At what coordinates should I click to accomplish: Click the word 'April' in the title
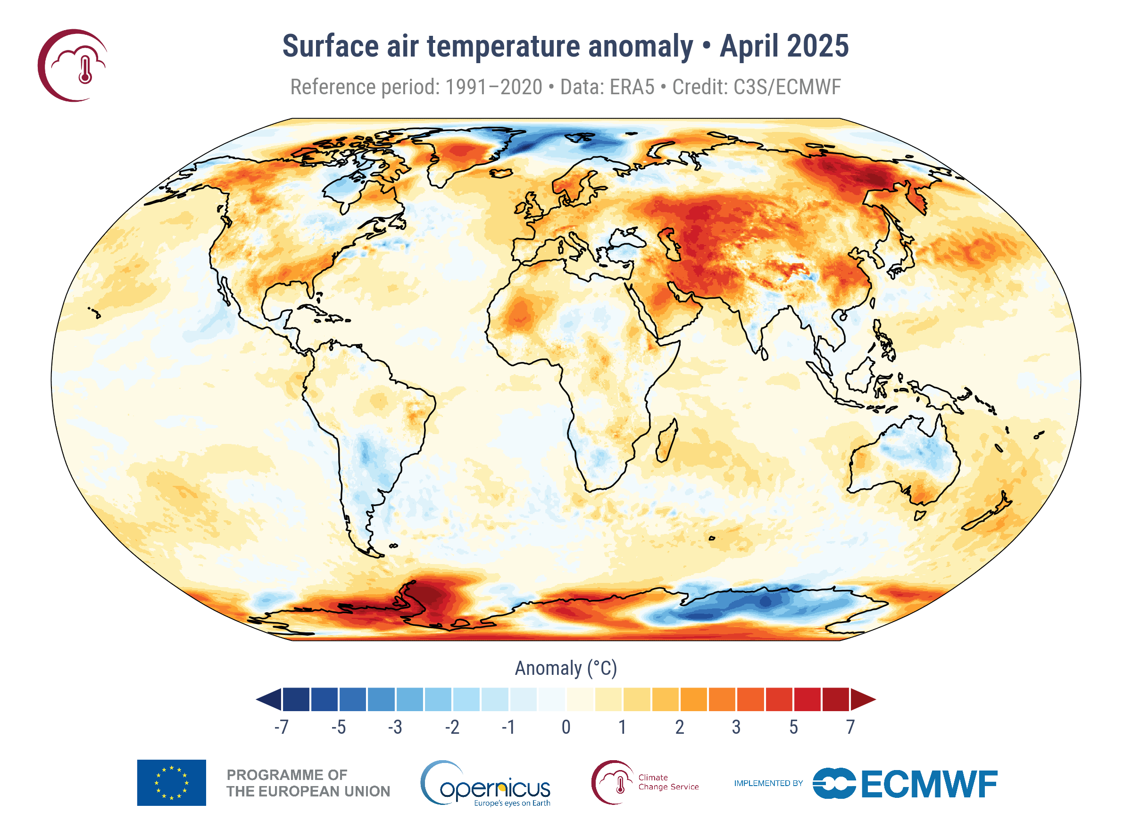[749, 46]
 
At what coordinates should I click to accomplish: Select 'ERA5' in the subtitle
[632, 87]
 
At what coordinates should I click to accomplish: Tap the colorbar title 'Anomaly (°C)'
[566, 668]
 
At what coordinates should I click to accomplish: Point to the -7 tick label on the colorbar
[282, 727]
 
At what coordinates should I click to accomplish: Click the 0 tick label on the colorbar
[566, 727]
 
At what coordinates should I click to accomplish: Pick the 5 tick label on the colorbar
[793, 727]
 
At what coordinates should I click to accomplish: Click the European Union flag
[171, 783]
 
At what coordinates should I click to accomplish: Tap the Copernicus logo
[487, 784]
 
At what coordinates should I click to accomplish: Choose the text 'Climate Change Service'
[668, 782]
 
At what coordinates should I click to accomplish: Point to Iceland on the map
[501, 173]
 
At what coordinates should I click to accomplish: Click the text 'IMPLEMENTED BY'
[768, 783]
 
